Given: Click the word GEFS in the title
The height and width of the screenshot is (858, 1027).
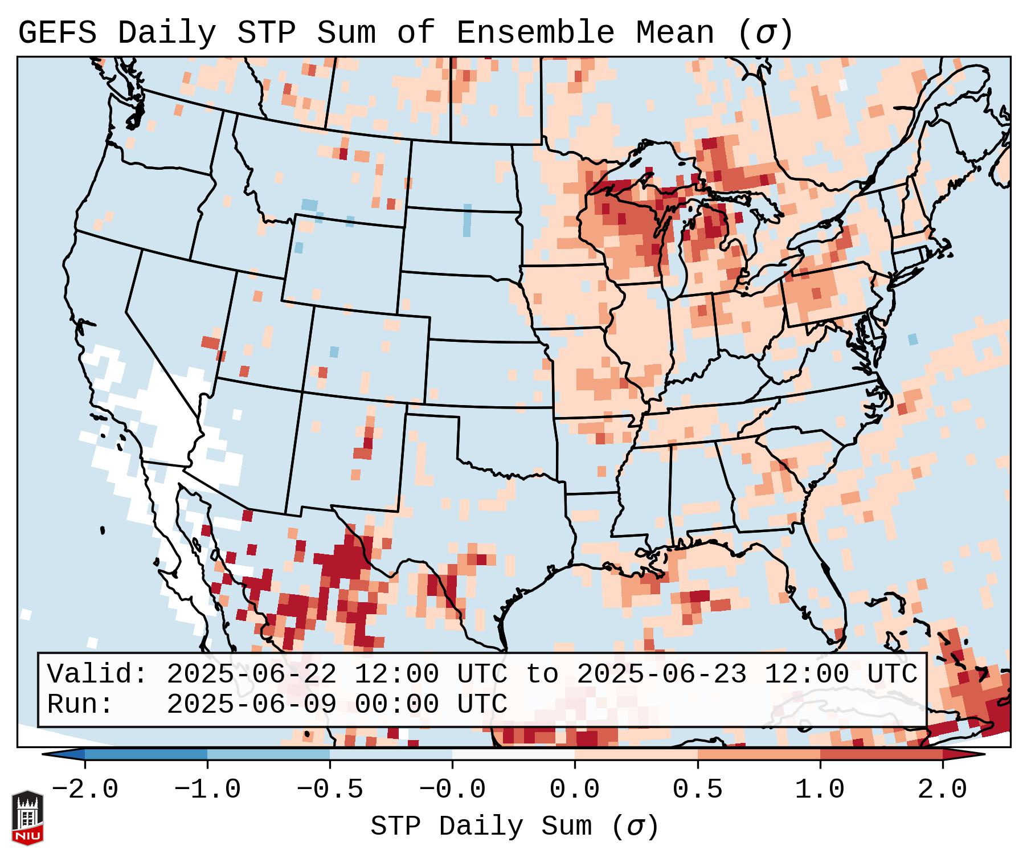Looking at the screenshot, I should coord(57,33).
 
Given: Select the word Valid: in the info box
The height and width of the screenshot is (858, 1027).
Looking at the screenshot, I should coord(97,675).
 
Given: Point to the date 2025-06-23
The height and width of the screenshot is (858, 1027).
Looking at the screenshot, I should coord(661,675).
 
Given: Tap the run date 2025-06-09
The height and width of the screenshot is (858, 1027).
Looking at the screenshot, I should coord(251,704).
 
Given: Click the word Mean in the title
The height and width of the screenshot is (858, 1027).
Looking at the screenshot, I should coord(675,33).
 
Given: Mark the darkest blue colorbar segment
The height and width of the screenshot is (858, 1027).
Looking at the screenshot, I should coord(146,754).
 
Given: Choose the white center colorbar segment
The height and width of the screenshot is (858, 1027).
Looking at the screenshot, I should coord(513,754).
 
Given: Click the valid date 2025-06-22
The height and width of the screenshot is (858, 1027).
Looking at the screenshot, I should coord(251,675).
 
